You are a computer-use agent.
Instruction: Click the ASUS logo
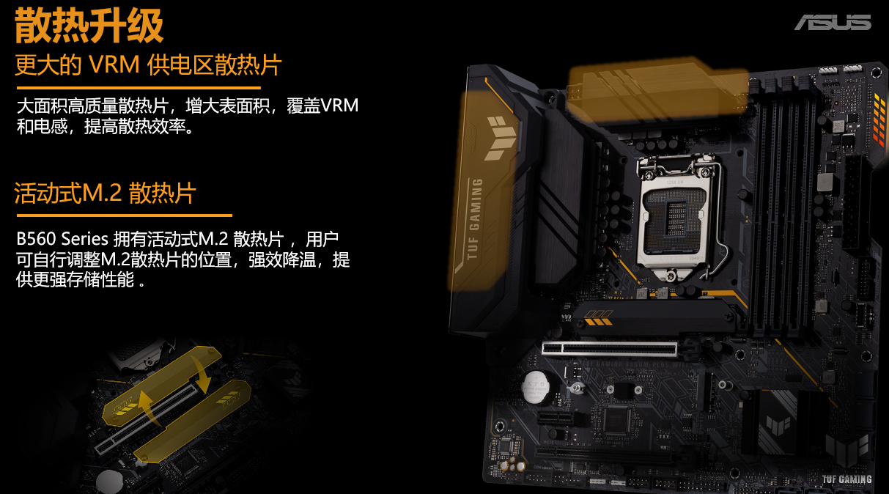(833, 22)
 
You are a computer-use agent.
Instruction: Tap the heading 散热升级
(89, 26)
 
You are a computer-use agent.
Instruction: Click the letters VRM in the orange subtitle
(114, 64)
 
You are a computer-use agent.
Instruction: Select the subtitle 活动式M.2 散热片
(106, 193)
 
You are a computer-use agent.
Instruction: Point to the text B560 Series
(62, 239)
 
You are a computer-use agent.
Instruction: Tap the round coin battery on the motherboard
(536, 387)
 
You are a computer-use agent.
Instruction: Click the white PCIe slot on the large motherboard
(610, 349)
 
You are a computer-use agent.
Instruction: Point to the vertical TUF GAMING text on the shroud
(475, 219)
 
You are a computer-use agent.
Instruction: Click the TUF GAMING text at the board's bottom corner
(846, 479)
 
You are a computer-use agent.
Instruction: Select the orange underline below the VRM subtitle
(139, 88)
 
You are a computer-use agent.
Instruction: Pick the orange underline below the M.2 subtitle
(124, 215)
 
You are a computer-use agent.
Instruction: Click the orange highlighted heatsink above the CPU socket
(657, 90)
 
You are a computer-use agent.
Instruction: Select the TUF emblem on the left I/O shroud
(500, 138)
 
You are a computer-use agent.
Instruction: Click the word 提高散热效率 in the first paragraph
(135, 127)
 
